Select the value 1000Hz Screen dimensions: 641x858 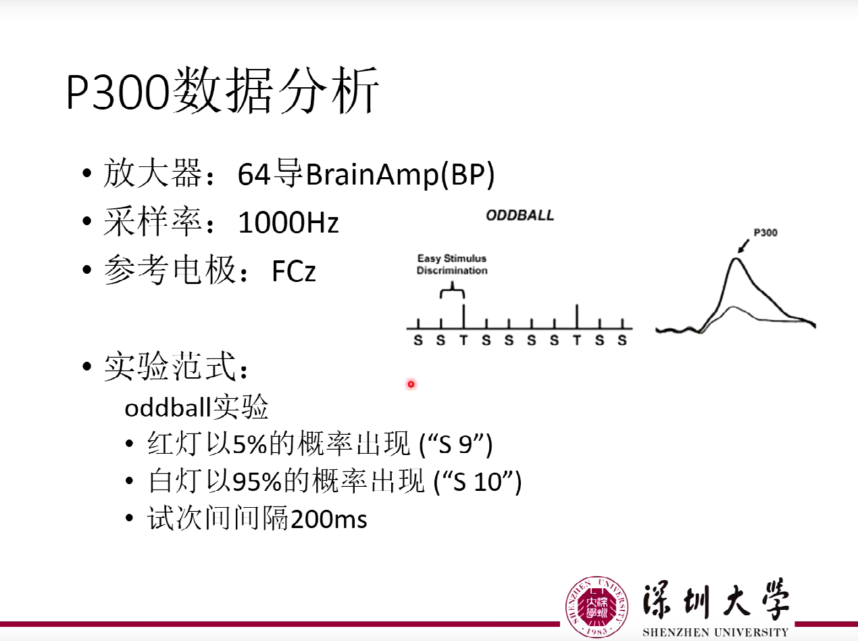point(288,222)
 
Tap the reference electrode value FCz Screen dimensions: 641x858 point(293,271)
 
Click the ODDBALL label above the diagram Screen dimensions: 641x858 point(520,216)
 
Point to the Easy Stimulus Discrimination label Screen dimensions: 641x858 point(451,264)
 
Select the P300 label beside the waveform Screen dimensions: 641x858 point(765,233)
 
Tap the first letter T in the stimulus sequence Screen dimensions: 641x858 point(463,340)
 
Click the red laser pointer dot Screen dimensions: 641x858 point(410,384)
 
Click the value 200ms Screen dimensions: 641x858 point(328,519)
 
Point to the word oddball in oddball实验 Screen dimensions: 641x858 point(168,408)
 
